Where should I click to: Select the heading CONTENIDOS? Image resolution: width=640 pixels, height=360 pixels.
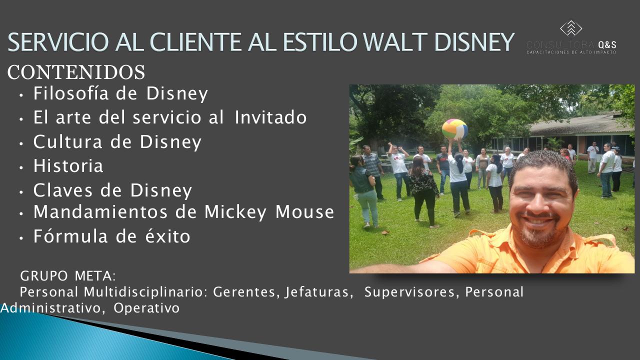(x=76, y=73)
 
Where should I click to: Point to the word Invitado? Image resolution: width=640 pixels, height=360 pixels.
(x=270, y=117)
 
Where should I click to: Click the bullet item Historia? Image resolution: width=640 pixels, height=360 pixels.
(x=68, y=166)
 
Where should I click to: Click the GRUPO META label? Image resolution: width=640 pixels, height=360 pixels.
(x=68, y=275)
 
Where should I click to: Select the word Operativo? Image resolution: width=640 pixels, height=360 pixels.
(x=146, y=308)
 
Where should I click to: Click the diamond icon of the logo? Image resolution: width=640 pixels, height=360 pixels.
(x=571, y=28)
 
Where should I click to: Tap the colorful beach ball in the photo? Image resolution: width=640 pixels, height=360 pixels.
(x=454, y=129)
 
